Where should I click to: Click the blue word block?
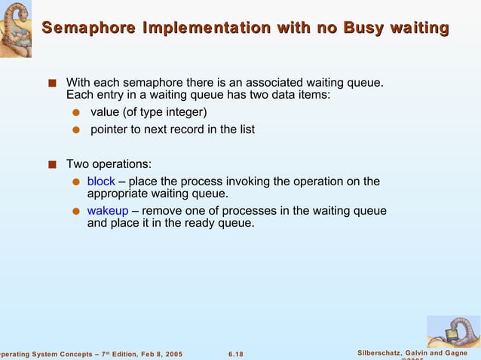pos(101,182)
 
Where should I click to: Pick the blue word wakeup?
pos(108,211)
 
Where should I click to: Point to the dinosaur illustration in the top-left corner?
pos(16,29)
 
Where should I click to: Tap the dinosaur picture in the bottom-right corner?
pos(452,331)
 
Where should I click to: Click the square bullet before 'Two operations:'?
pos(51,164)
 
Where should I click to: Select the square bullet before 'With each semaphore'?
pos(51,82)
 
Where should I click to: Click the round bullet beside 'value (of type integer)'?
pos(75,113)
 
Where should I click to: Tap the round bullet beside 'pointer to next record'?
pos(75,130)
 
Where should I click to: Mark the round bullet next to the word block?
pos(75,182)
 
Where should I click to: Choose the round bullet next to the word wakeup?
pos(75,212)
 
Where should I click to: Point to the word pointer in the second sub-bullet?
pos(110,130)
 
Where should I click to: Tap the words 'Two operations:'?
pos(109,163)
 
